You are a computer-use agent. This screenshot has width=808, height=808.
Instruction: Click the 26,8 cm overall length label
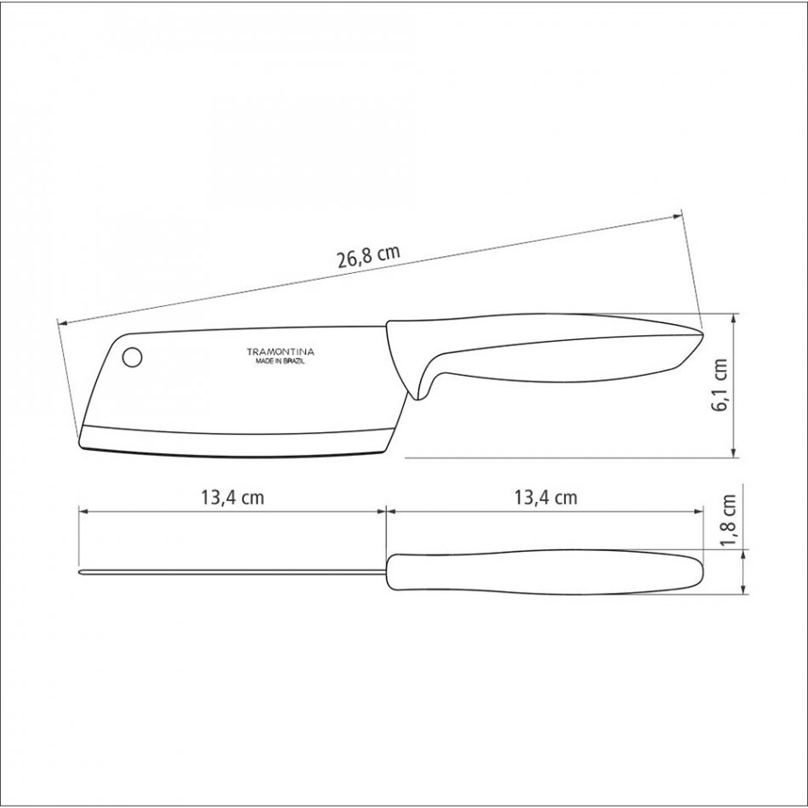368,257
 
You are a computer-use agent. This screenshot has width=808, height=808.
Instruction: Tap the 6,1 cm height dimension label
720,384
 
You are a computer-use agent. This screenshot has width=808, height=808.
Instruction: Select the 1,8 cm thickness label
729,522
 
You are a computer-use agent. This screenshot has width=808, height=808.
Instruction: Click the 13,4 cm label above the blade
232,498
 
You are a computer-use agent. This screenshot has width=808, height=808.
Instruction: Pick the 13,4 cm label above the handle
546,498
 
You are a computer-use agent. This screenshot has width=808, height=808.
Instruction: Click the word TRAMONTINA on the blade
281,352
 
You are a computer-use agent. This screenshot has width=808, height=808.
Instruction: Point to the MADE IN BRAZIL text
281,361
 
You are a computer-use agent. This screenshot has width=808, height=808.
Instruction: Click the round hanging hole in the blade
133,356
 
